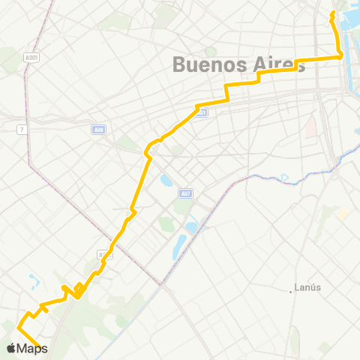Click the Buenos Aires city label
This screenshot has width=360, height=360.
point(238,64)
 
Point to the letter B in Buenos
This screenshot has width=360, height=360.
point(179,64)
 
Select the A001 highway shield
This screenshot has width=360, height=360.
point(31,56)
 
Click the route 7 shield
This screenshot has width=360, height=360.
point(22,129)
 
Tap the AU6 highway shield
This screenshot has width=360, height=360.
point(99,129)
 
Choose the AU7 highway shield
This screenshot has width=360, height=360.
point(185,193)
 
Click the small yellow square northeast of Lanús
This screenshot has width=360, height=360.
point(343,214)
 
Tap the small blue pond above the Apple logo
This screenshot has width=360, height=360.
point(33,282)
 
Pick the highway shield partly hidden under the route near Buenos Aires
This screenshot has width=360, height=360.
point(202,112)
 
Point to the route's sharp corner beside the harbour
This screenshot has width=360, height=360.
point(341,56)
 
